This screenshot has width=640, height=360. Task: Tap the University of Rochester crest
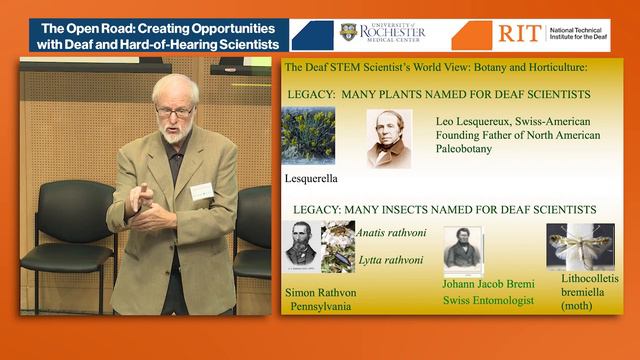click(x=348, y=33)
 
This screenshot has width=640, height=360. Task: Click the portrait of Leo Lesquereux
click(x=389, y=138)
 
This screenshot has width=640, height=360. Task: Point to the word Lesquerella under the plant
click(x=311, y=179)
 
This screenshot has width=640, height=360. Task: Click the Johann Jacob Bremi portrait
click(x=463, y=249)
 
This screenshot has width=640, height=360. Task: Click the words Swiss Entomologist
click(x=487, y=300)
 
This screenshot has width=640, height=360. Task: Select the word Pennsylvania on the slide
click(x=321, y=307)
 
